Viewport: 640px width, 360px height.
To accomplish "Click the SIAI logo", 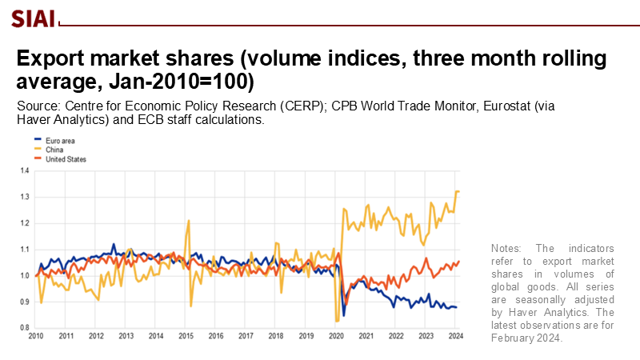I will coord(33,18).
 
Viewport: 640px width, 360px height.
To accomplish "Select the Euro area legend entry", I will coord(61,140).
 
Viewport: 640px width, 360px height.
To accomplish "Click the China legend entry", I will coord(57,150).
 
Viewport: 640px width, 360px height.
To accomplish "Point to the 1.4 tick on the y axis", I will coord(24,171).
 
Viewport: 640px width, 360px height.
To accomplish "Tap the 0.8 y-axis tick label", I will coord(24,328).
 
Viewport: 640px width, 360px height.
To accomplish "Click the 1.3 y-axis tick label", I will coord(24,197).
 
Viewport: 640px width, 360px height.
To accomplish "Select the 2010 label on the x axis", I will coord(36,337).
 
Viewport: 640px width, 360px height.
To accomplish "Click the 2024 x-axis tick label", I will coord(454,337).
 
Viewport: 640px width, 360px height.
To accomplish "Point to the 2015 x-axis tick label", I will coord(186,337).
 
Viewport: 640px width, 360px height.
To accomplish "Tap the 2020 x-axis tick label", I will coord(335,337).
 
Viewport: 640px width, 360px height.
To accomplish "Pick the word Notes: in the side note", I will coord(510,249).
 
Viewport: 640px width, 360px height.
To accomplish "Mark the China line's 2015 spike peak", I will coord(189,220).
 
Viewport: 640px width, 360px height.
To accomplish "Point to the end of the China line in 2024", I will coord(458,191).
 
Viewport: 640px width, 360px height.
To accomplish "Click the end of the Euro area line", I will coord(457,307).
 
